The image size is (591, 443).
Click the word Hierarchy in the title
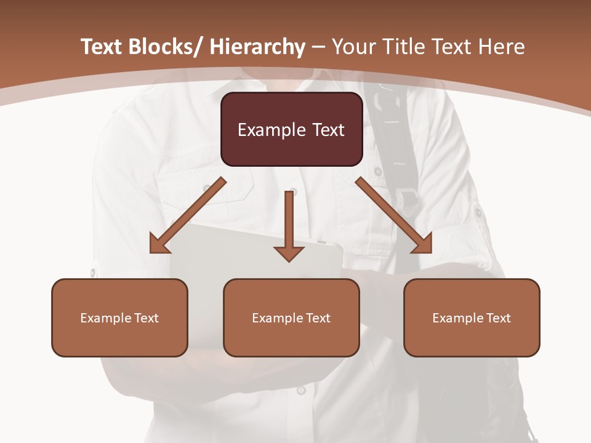257,47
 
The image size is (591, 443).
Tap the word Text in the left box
147,318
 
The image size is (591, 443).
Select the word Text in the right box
499,318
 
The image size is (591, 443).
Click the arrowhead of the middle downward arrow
289,253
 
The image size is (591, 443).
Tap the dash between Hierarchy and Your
318,47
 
